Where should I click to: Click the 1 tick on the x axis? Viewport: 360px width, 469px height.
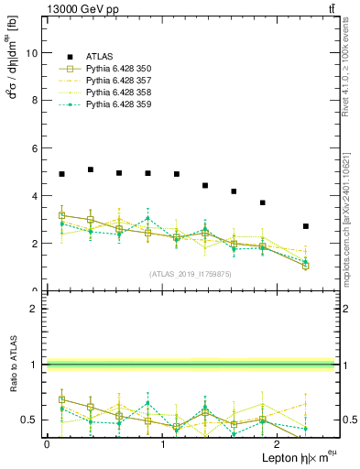click(x=162, y=443)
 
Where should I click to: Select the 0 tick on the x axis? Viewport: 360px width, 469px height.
click(x=47, y=443)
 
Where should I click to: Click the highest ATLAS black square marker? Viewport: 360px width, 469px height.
click(x=91, y=169)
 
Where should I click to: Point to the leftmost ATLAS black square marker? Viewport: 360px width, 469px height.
click(x=61, y=174)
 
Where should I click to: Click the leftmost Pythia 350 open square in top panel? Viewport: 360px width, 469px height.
click(x=61, y=215)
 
